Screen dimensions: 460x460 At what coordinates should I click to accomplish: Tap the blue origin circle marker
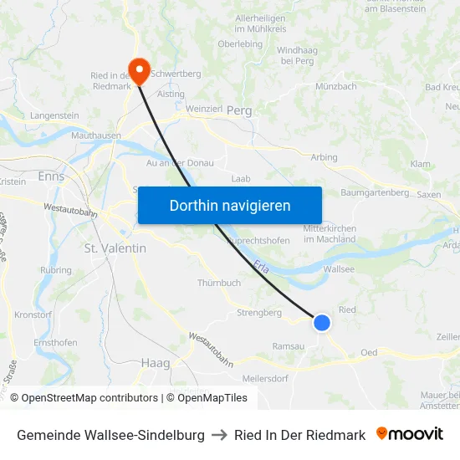(322, 322)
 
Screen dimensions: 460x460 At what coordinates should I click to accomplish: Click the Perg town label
(239, 110)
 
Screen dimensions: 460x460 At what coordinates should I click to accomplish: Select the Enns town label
(51, 176)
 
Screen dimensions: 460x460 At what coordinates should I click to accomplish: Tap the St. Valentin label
(115, 248)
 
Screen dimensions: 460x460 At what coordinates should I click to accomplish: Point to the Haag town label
(156, 363)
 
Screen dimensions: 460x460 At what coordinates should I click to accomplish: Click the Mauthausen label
(96, 135)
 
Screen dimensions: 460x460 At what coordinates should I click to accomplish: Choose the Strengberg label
(259, 313)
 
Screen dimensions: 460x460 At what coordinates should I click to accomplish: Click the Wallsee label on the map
(339, 269)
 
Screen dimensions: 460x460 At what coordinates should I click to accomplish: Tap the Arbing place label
(324, 157)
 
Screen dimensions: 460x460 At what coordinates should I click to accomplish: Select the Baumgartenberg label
(376, 192)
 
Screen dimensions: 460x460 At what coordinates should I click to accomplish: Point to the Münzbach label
(337, 86)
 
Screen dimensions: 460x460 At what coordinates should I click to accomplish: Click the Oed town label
(369, 352)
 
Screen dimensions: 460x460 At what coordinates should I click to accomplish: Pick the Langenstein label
(54, 115)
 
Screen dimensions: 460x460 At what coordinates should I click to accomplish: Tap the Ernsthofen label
(56, 343)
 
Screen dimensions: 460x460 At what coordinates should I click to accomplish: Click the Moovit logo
(410, 434)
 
